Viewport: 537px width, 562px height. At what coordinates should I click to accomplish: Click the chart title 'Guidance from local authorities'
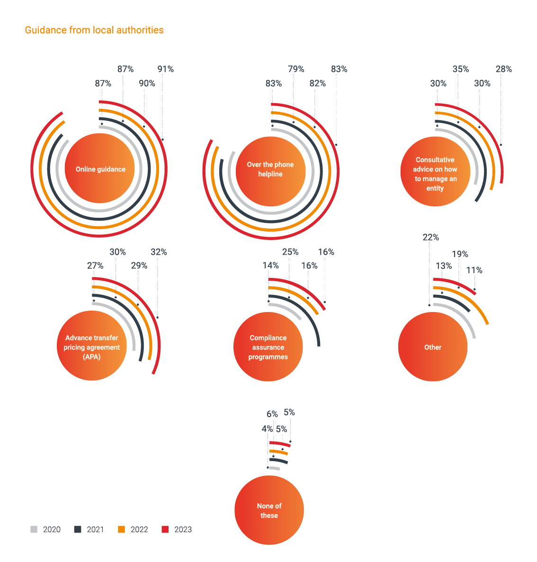(x=94, y=30)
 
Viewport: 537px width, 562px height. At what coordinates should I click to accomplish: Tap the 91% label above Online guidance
(x=166, y=69)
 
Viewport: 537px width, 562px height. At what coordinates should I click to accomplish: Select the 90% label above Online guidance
(x=147, y=83)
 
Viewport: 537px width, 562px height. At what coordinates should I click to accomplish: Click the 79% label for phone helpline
(x=296, y=69)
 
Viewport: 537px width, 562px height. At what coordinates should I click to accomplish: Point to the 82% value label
(x=317, y=83)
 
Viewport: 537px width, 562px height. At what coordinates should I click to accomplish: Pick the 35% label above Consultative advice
(x=460, y=69)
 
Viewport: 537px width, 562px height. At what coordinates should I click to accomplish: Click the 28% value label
(x=503, y=69)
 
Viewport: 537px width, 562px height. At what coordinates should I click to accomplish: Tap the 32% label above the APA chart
(x=159, y=252)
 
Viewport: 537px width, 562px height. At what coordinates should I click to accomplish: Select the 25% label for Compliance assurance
(x=290, y=252)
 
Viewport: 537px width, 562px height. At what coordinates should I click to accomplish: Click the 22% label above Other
(x=430, y=237)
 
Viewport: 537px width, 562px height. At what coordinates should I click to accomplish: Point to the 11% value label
(x=474, y=270)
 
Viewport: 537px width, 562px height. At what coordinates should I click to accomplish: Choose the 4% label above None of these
(x=267, y=429)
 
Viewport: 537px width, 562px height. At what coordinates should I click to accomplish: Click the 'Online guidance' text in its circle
(x=100, y=169)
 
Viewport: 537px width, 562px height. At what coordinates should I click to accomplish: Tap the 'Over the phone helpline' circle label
(x=270, y=169)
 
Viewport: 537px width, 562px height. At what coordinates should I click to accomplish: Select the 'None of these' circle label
(x=269, y=511)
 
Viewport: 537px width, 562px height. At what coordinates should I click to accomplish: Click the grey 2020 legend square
(x=34, y=529)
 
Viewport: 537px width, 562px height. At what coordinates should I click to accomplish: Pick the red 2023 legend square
(x=165, y=529)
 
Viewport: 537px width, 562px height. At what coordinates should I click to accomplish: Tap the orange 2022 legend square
(x=121, y=529)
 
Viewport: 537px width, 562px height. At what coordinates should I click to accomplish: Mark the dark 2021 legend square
(x=78, y=529)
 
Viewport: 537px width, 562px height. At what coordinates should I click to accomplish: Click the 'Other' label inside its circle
(x=433, y=348)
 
